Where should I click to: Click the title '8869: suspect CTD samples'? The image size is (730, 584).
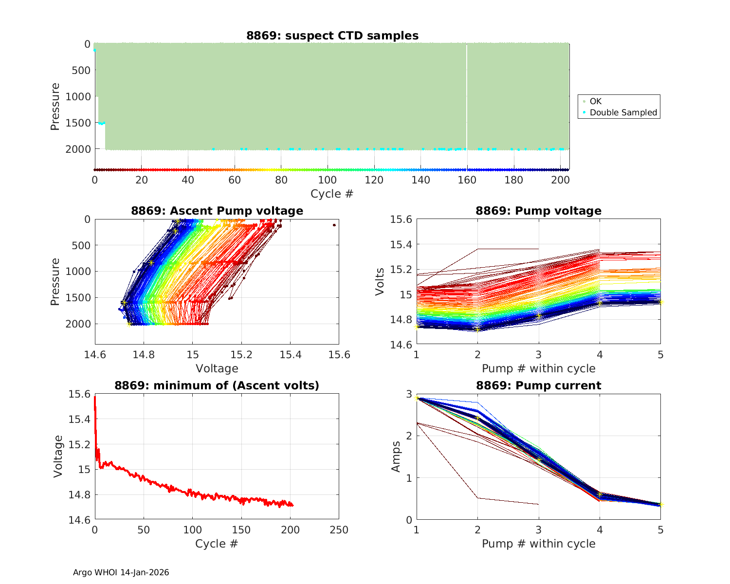click(x=332, y=36)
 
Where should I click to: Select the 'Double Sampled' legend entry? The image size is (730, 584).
click(x=623, y=112)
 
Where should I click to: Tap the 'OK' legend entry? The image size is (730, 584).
click(x=595, y=101)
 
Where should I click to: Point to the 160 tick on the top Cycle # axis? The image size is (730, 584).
click(x=467, y=180)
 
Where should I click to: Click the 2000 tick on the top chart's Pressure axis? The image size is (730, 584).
click(x=77, y=149)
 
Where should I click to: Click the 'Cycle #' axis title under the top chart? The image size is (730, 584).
click(x=332, y=194)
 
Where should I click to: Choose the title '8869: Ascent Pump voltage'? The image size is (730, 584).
click(x=217, y=211)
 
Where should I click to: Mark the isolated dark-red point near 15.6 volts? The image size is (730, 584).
click(x=334, y=225)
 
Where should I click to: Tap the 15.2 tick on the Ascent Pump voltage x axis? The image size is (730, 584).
click(x=241, y=354)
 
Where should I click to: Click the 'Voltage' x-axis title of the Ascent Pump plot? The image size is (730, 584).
click(x=217, y=368)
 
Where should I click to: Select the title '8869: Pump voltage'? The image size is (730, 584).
click(x=538, y=211)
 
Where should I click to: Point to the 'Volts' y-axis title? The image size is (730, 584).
click(x=380, y=281)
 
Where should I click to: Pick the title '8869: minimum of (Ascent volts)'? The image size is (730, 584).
click(x=217, y=385)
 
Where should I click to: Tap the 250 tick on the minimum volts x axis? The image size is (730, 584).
click(x=339, y=529)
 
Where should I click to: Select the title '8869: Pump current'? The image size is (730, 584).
click(x=538, y=385)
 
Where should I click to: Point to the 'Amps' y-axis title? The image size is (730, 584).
click(x=397, y=456)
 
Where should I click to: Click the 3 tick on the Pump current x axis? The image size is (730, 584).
click(x=538, y=529)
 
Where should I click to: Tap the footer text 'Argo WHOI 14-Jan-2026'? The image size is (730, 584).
click(x=121, y=572)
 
